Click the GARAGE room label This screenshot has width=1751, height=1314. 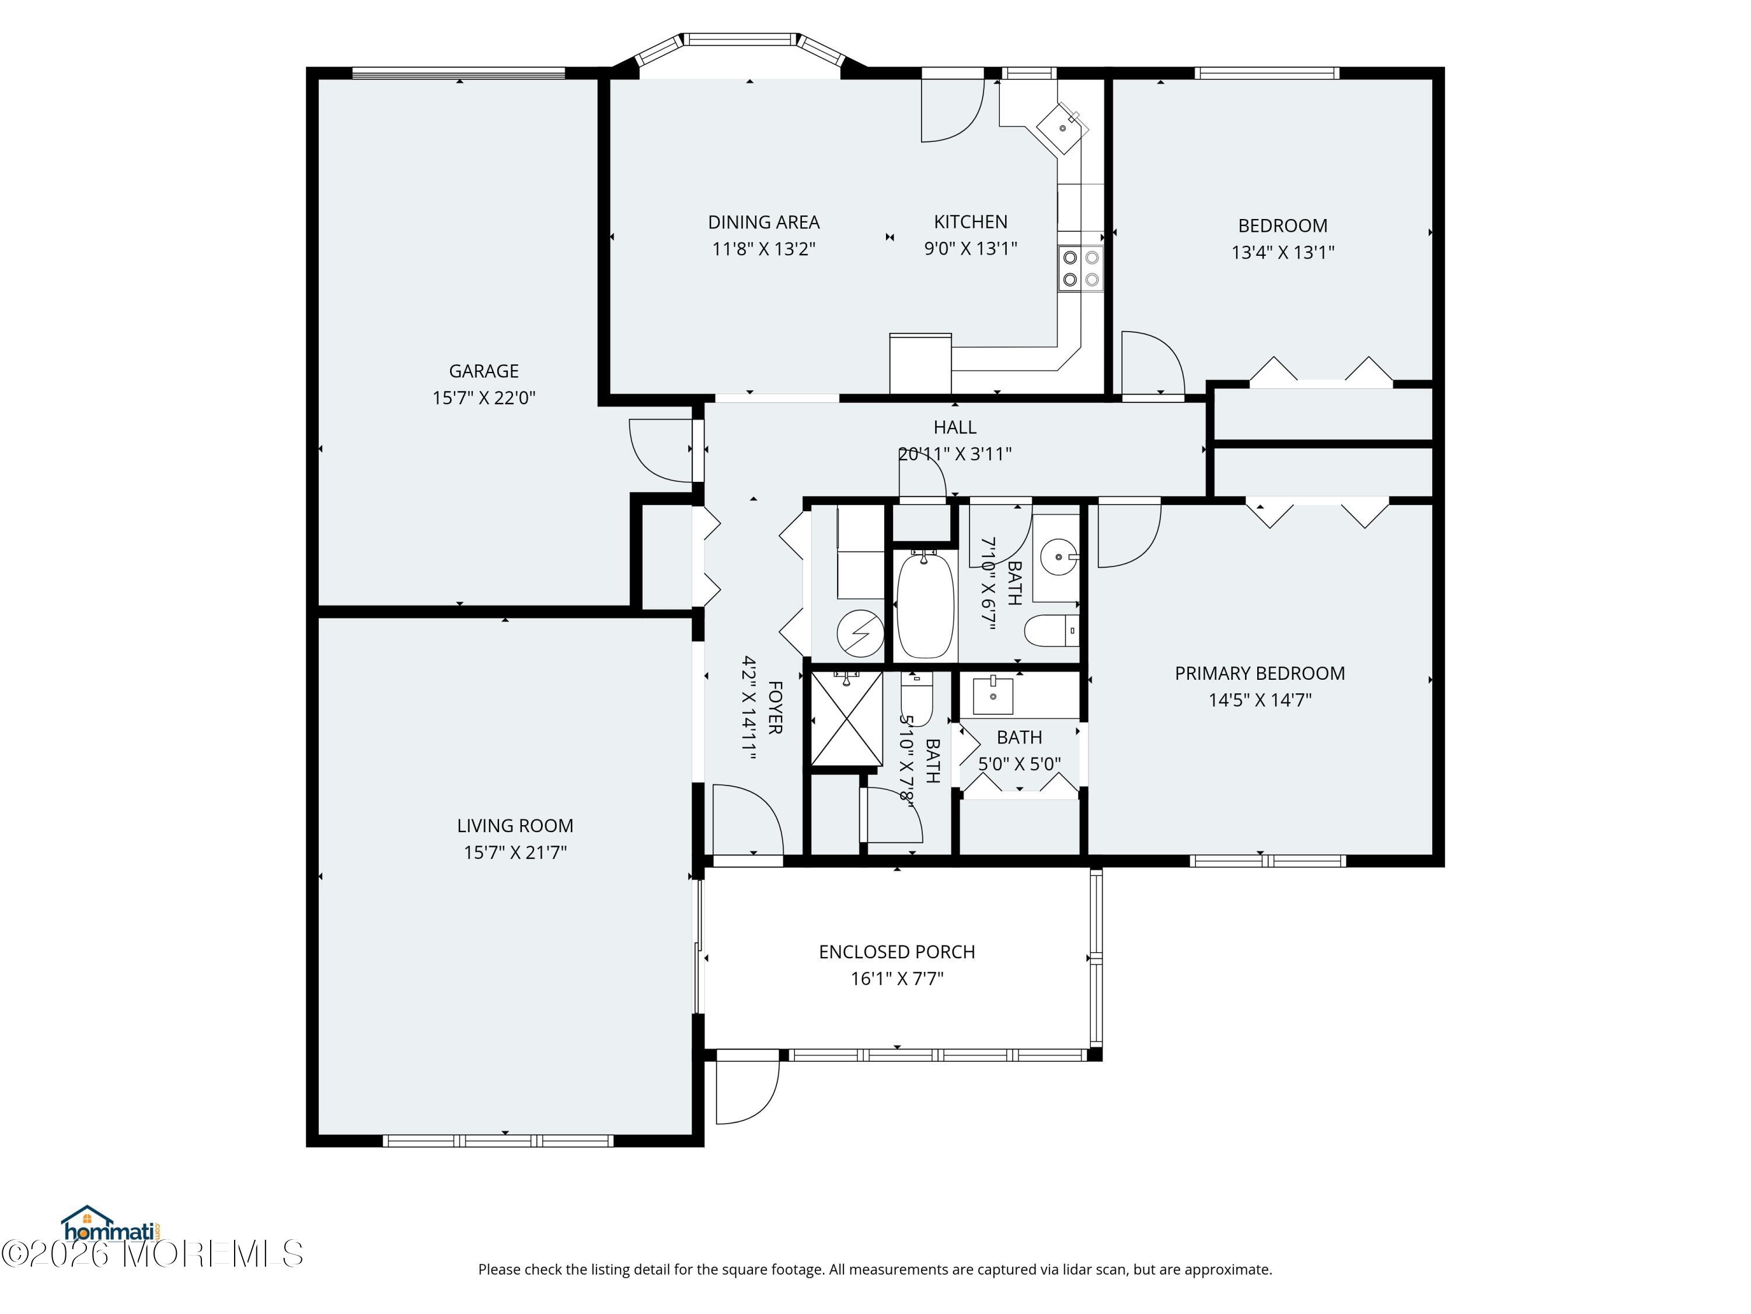click(x=484, y=371)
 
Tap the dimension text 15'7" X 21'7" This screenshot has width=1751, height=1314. click(x=515, y=852)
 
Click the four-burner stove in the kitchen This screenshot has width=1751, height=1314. click(x=1080, y=267)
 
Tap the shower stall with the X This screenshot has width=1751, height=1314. click(x=846, y=718)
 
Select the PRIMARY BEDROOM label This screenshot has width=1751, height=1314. click(x=1260, y=673)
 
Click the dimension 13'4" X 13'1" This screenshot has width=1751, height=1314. click(x=1282, y=252)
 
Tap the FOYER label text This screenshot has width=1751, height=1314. click(x=775, y=707)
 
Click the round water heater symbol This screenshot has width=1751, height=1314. click(x=860, y=634)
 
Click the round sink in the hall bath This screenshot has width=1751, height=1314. click(x=1058, y=557)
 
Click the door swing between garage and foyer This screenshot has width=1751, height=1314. click(x=661, y=450)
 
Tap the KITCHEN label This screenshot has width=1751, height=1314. click(x=971, y=222)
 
